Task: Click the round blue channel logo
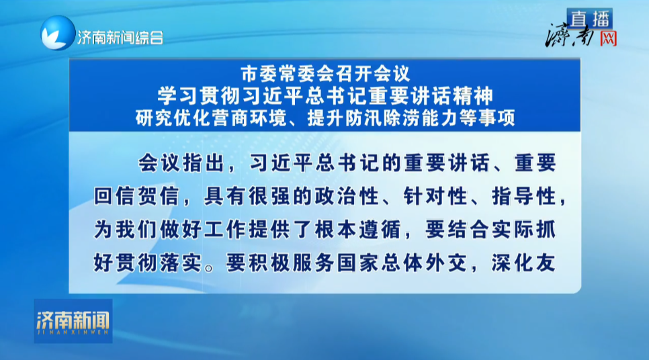click(58, 33)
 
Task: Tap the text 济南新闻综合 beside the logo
click(120, 38)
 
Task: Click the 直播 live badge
click(589, 19)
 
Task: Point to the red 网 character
click(609, 38)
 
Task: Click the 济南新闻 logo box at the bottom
click(73, 321)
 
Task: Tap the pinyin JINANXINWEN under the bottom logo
click(73, 332)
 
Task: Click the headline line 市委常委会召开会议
click(325, 74)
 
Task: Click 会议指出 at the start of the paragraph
click(181, 163)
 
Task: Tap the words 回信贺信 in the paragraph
click(136, 195)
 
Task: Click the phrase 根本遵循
click(357, 229)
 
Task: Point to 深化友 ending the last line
click(523, 263)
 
